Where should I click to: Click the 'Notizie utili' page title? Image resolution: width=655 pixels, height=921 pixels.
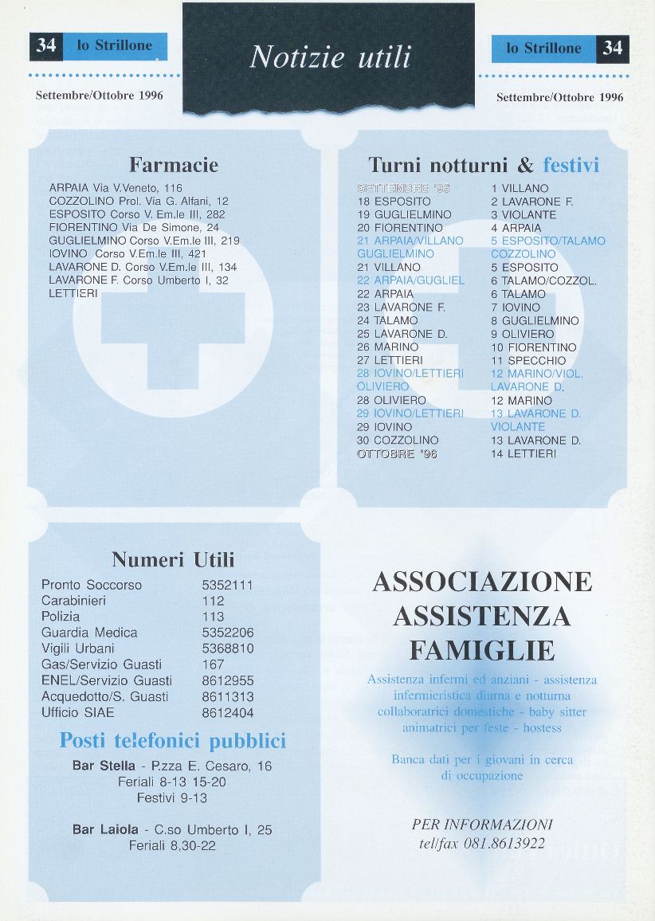[x=330, y=57]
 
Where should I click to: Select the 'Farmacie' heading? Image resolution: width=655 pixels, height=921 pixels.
[x=174, y=165]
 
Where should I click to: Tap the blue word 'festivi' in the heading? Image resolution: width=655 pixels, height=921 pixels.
[x=571, y=165]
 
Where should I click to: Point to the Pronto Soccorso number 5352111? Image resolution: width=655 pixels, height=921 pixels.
[x=228, y=585]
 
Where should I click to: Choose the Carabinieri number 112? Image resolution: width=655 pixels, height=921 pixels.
[x=214, y=601]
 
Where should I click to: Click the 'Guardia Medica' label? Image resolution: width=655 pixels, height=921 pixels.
[x=89, y=633]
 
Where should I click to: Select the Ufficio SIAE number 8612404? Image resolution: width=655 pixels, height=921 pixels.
[x=228, y=712]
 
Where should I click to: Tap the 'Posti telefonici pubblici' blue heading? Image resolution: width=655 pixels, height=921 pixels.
[x=173, y=741]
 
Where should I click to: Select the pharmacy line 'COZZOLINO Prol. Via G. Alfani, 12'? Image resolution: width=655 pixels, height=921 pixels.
[x=139, y=201]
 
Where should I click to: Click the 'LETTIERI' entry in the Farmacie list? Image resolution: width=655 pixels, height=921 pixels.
[x=73, y=293]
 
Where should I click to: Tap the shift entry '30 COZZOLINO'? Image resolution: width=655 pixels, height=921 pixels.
[x=398, y=440]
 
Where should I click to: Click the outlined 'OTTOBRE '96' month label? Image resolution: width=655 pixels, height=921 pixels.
[x=397, y=453]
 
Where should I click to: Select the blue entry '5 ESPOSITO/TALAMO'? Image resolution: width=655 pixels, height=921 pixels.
[x=548, y=241]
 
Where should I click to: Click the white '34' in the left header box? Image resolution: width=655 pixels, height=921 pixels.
[x=46, y=46]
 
